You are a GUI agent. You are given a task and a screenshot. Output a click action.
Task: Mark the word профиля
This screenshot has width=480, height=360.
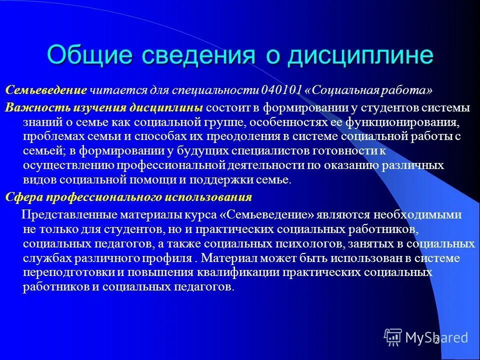click(x=167, y=258)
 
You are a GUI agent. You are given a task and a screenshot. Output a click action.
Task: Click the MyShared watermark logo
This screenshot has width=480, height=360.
click(x=426, y=336)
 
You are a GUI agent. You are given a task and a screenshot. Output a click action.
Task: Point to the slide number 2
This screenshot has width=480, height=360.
click(x=436, y=341)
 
